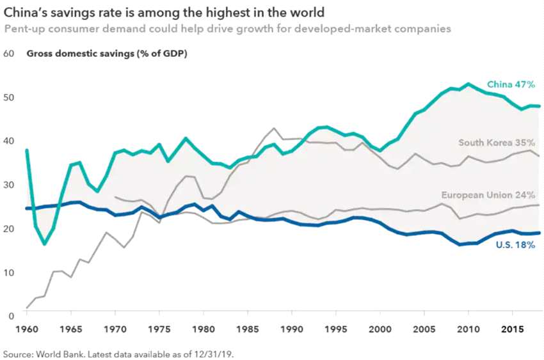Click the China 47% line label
tap(511, 84)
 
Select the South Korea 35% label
tap(497, 143)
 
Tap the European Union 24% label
tap(488, 195)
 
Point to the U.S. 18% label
tap(516, 244)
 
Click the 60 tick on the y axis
tap(9, 54)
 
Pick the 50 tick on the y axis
tap(9, 97)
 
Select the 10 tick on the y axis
tap(9, 272)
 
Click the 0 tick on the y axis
tap(12, 316)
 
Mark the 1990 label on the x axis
tap(292, 330)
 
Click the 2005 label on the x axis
tap(424, 330)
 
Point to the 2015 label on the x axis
tap(512, 330)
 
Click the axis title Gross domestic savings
tap(106, 54)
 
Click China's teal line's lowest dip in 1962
tap(45, 244)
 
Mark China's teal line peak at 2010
tap(468, 84)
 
